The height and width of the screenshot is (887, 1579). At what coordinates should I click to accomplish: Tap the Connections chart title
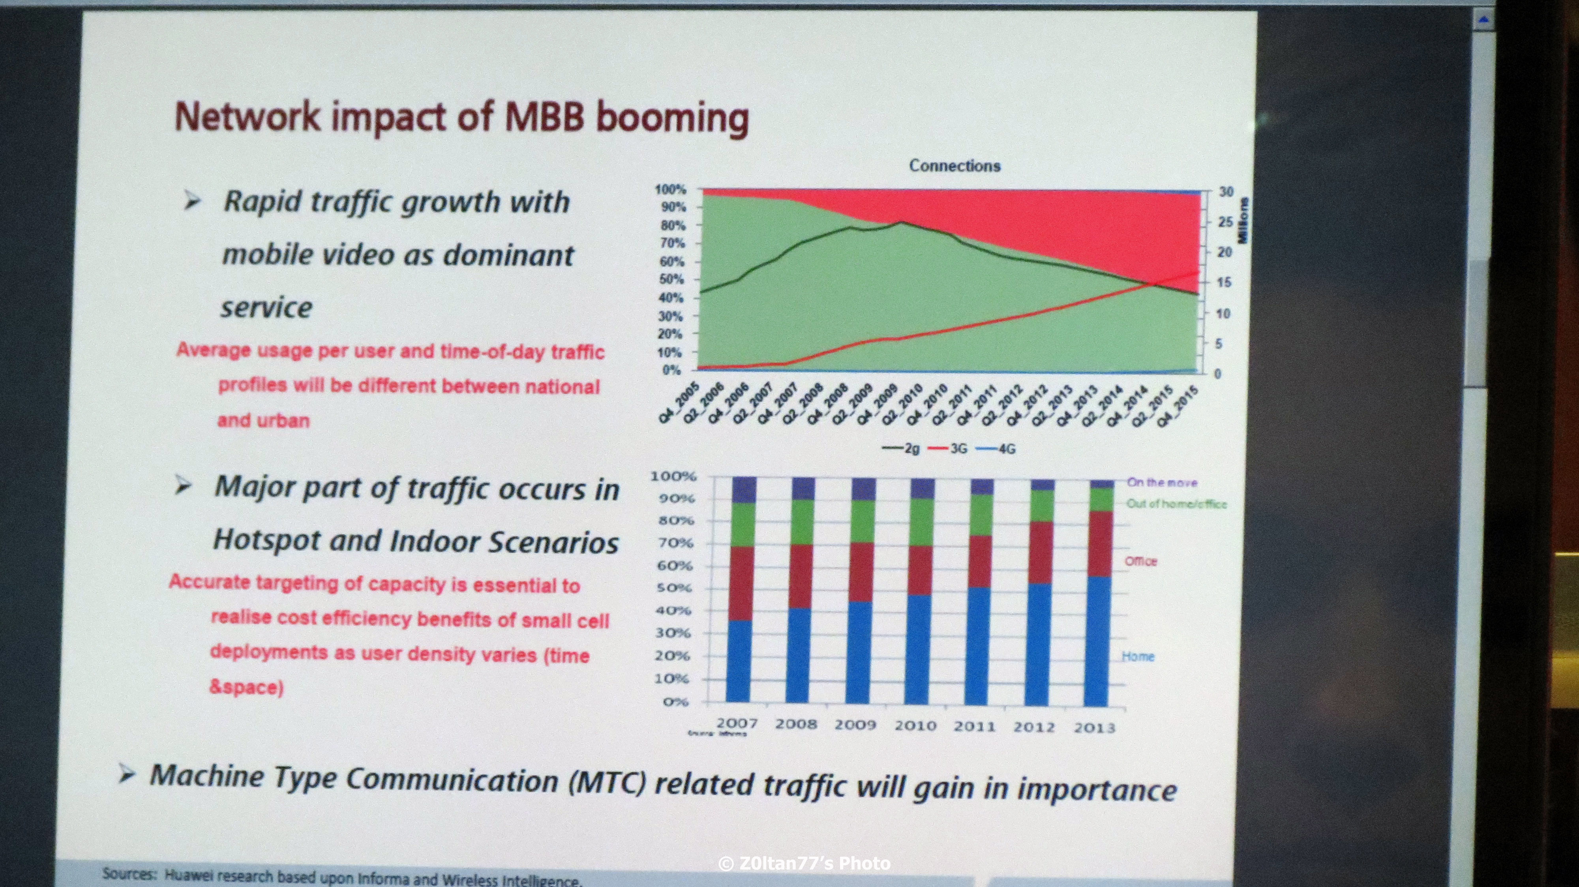click(955, 166)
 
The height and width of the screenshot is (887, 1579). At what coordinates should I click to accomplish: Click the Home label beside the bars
click(1138, 657)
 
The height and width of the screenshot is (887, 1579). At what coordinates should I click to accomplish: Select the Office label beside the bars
click(1141, 561)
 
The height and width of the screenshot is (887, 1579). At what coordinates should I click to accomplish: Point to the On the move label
click(1162, 483)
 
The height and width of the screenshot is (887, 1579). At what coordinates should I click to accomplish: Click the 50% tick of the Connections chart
click(672, 280)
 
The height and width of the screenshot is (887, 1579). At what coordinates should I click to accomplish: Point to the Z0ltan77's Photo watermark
click(804, 864)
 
